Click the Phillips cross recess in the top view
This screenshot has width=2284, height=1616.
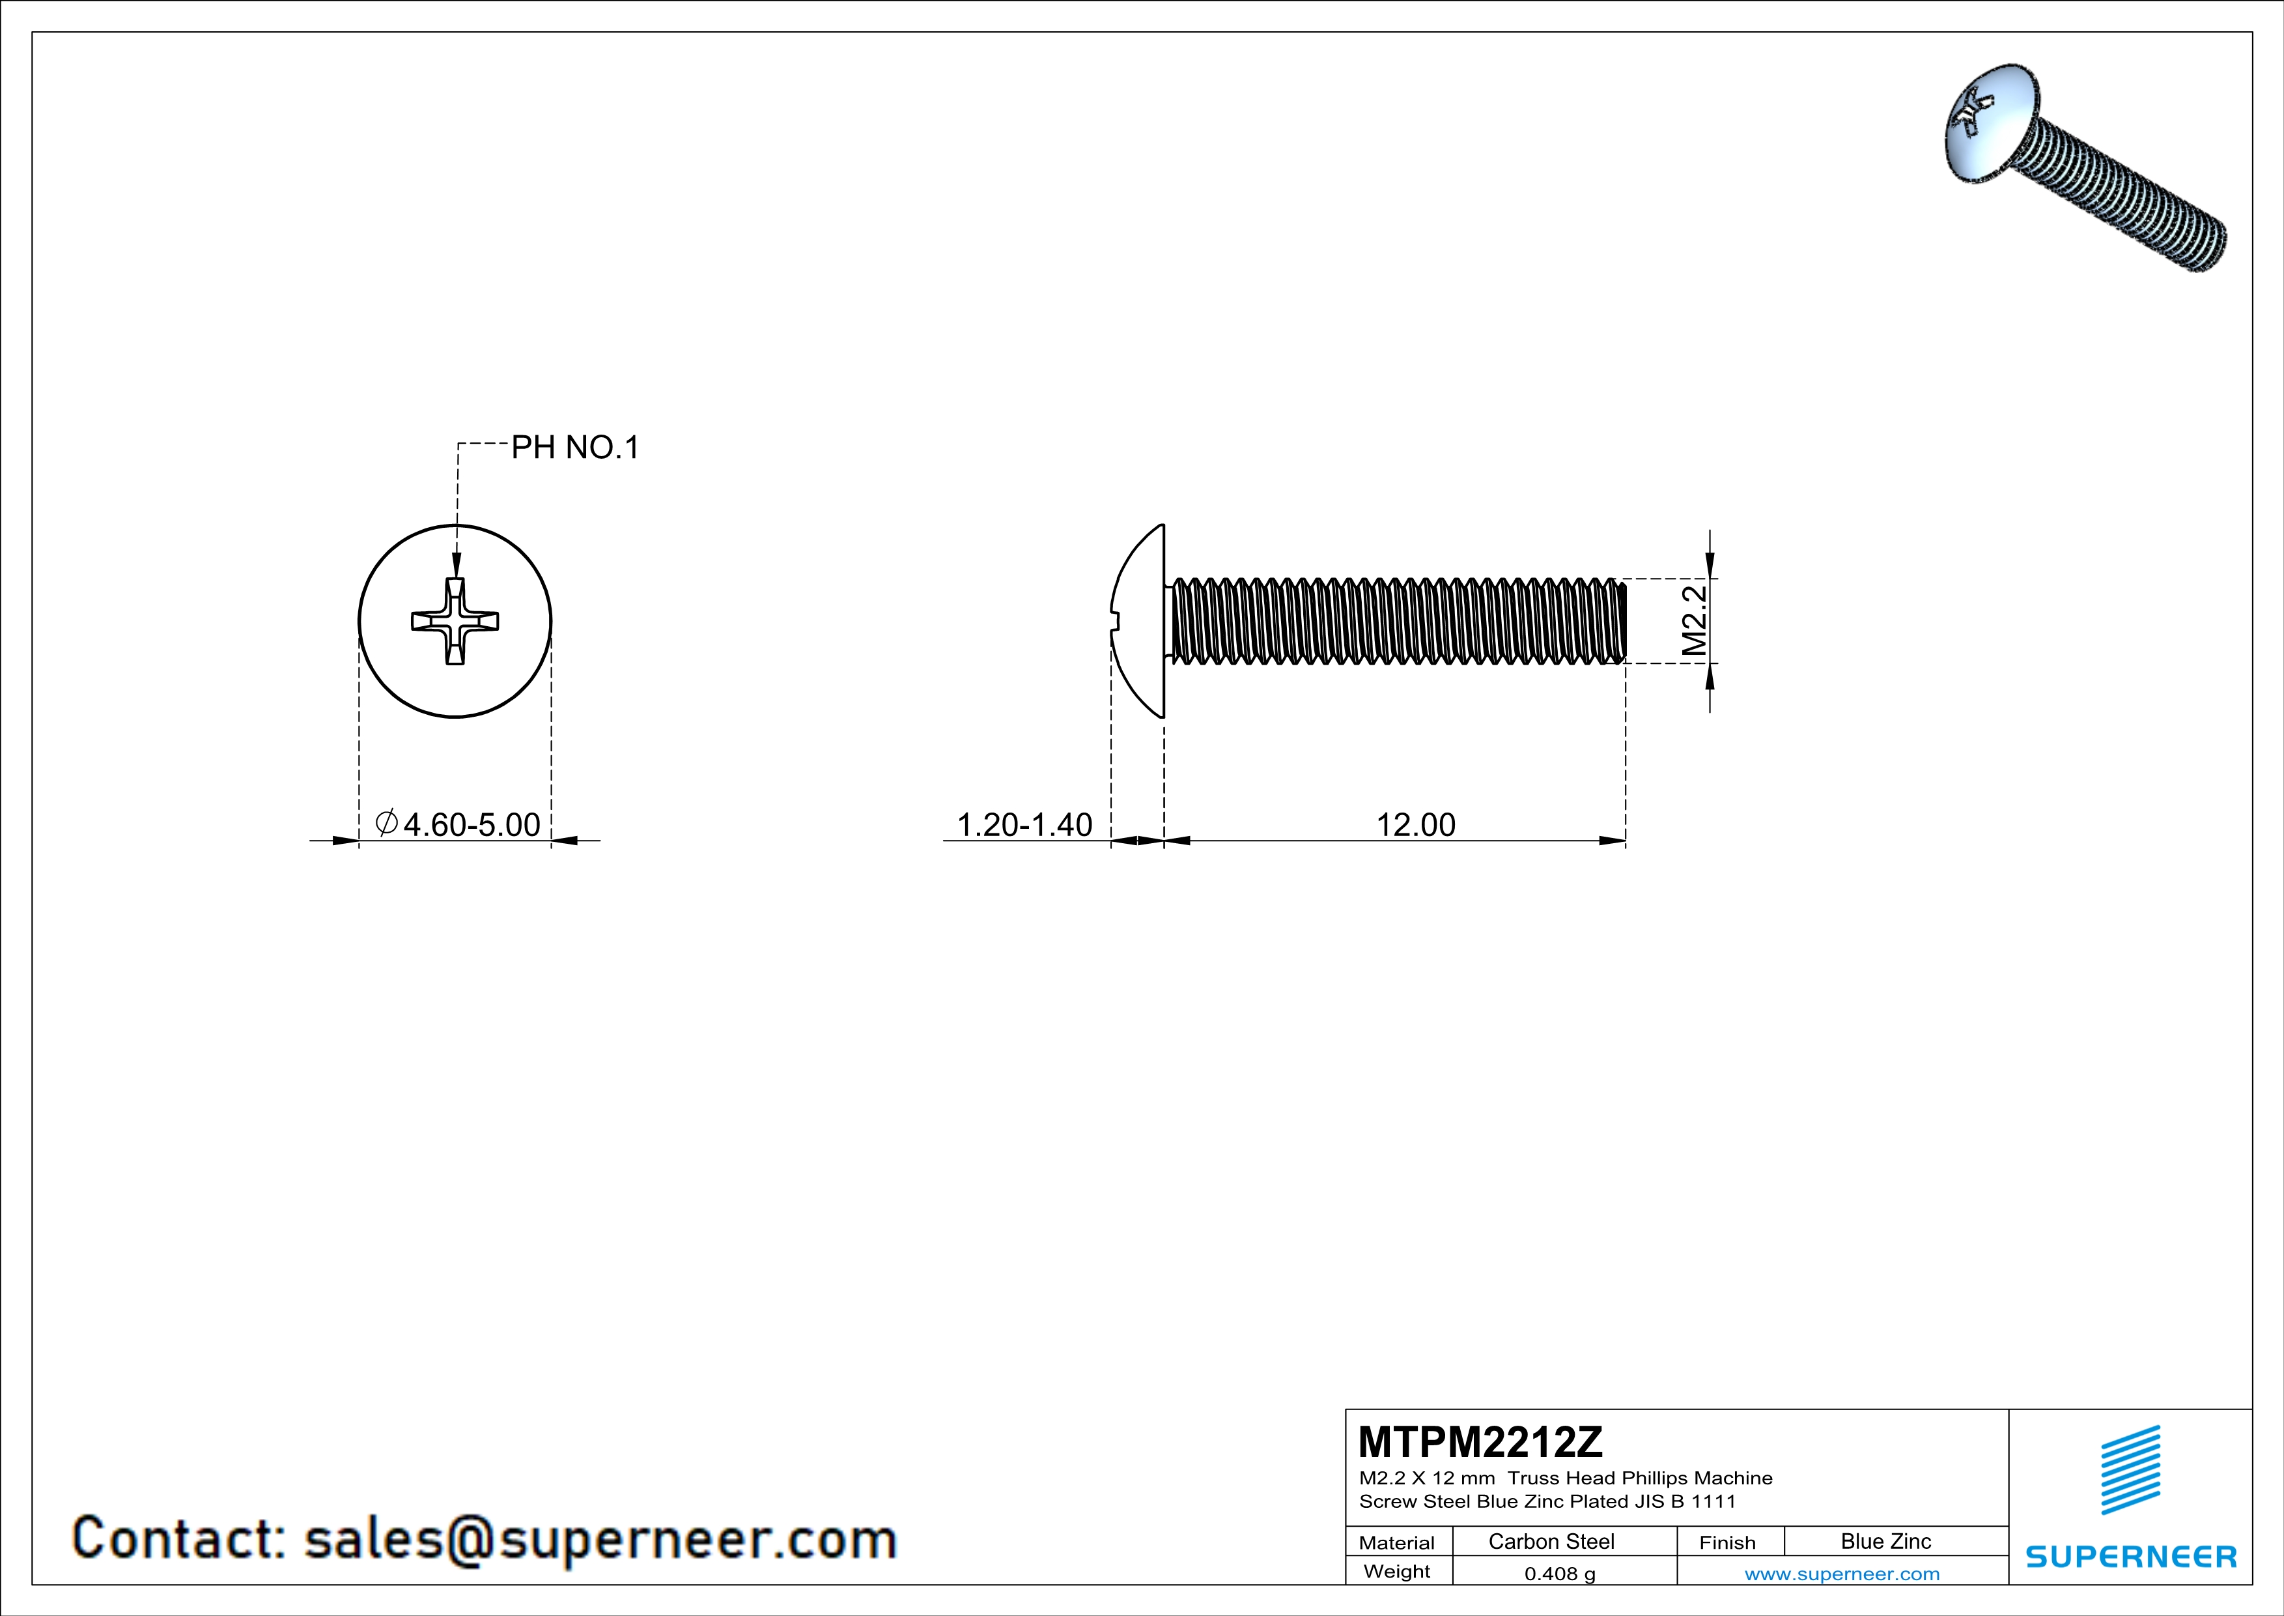pyautogui.click(x=455, y=622)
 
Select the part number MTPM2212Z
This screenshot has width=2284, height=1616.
pyautogui.click(x=1480, y=1442)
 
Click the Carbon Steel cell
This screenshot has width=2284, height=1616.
pyautogui.click(x=1551, y=1541)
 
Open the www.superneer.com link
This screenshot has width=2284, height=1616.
pyautogui.click(x=1841, y=1573)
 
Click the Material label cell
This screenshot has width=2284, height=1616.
pyautogui.click(x=1397, y=1542)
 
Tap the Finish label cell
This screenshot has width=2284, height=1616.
pyautogui.click(x=1727, y=1542)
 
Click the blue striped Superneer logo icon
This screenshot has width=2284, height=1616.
pyautogui.click(x=2130, y=1470)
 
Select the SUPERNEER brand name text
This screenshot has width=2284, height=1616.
pyautogui.click(x=2130, y=1556)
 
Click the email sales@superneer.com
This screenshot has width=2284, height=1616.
pyautogui.click(x=600, y=1538)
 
